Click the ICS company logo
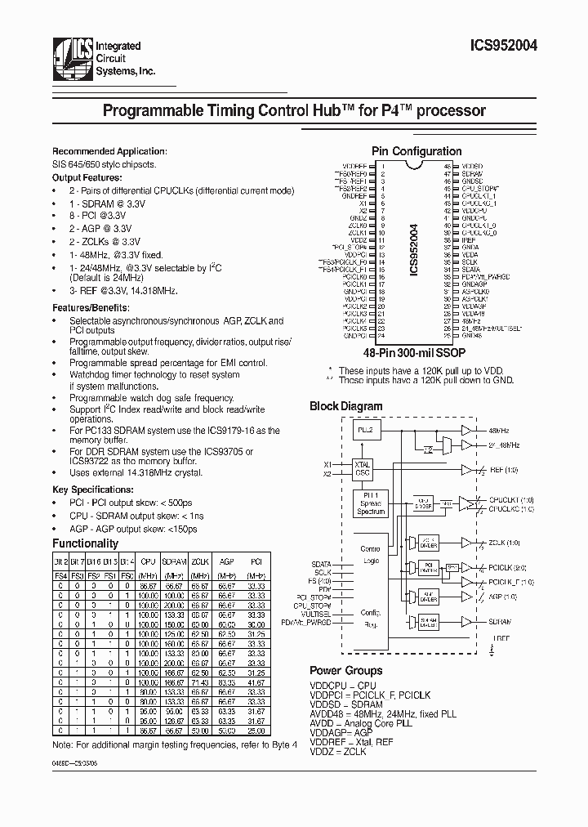(70, 60)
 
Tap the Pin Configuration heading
(416, 151)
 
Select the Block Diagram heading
(345, 405)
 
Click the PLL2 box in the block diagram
(366, 431)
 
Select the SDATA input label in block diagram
(322, 563)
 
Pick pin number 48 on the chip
(448, 165)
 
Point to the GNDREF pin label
(353, 195)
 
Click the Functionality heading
(85, 543)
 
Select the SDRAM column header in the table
(174, 563)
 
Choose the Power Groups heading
(346, 670)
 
